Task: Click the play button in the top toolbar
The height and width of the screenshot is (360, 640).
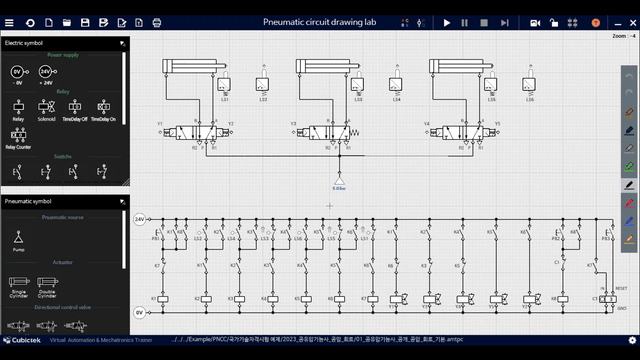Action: tap(447, 22)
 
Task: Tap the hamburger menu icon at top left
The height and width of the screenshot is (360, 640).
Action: tap(10, 22)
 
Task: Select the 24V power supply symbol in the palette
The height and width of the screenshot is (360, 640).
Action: tap(46, 73)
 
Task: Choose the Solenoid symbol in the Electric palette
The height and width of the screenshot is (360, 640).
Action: tap(46, 107)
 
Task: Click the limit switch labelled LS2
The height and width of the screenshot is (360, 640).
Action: tap(262, 86)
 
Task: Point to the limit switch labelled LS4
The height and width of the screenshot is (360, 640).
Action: tap(396, 86)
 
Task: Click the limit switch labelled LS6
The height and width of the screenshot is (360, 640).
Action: tap(530, 86)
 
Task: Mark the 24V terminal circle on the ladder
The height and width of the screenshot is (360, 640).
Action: tap(141, 219)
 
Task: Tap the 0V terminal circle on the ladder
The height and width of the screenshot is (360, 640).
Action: tap(141, 312)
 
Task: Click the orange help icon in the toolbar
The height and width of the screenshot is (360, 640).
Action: tap(596, 22)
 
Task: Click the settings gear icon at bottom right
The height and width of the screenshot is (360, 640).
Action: tap(630, 341)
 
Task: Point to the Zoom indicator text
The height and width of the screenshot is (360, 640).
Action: tap(622, 36)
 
